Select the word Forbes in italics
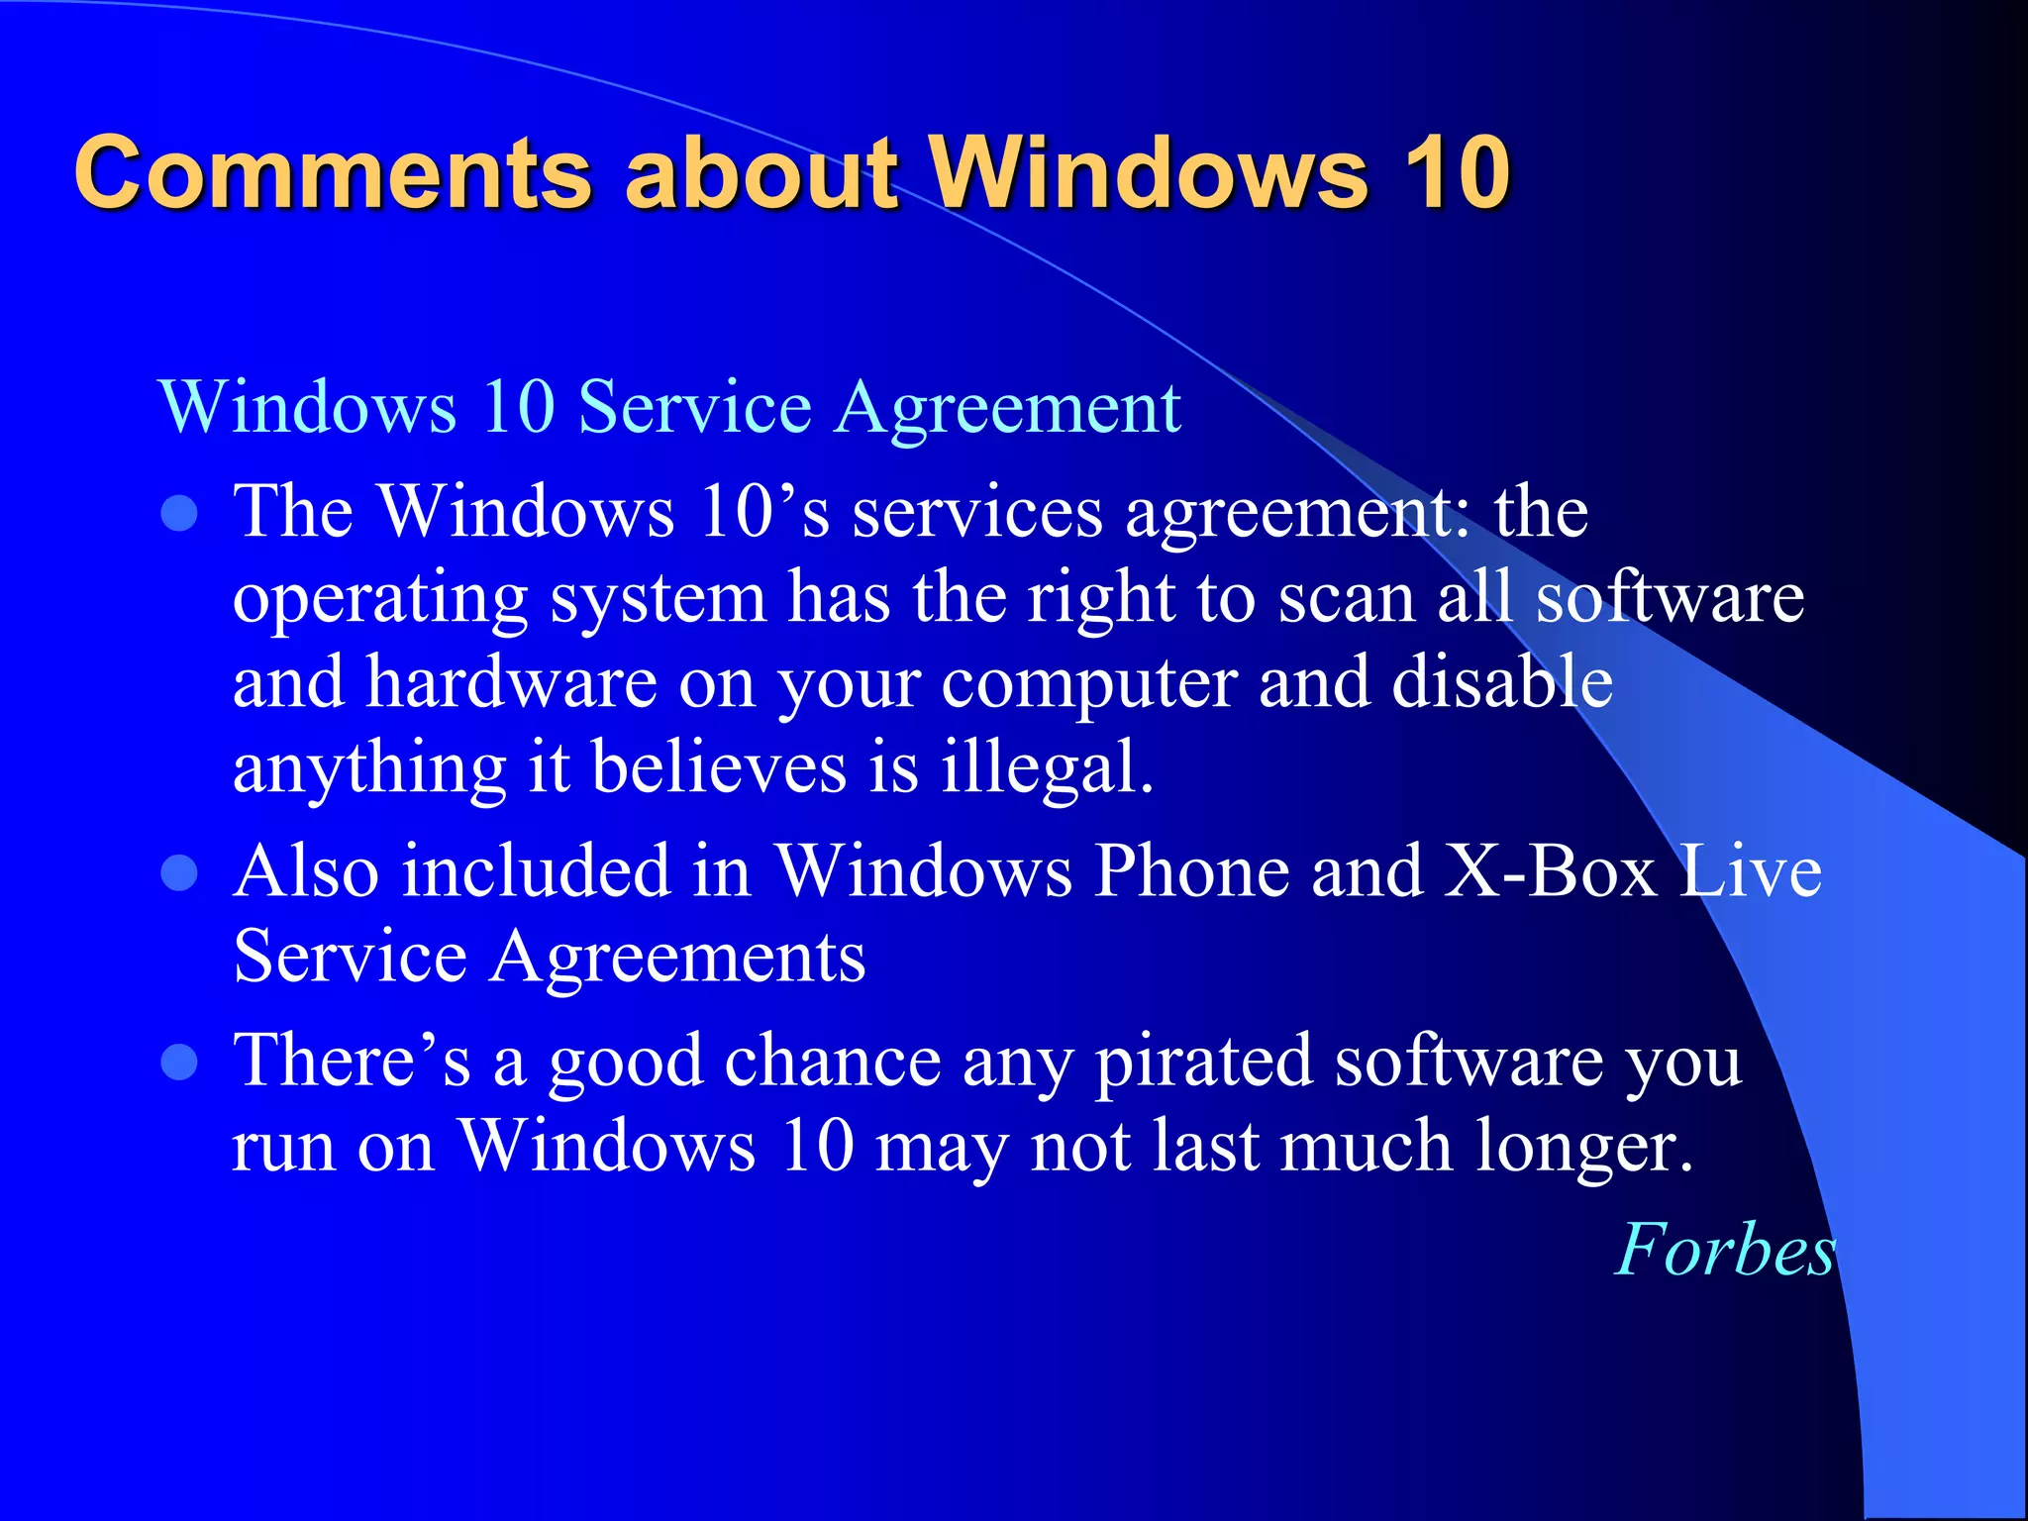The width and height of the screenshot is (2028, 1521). (x=1725, y=1250)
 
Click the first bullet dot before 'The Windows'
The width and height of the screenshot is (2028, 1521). (x=179, y=513)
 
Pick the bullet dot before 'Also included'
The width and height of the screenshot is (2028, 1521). (x=179, y=873)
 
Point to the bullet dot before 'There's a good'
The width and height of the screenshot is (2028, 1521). (x=179, y=1063)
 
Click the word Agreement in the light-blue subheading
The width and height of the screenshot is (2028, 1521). (x=1008, y=408)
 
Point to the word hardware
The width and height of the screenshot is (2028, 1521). (x=511, y=682)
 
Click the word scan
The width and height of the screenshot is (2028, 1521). (x=1347, y=598)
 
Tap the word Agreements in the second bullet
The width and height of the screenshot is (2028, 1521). (x=678, y=958)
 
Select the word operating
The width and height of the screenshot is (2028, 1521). (x=380, y=600)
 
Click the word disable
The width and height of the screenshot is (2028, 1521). (x=1502, y=682)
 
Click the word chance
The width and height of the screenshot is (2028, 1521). (x=833, y=1062)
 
